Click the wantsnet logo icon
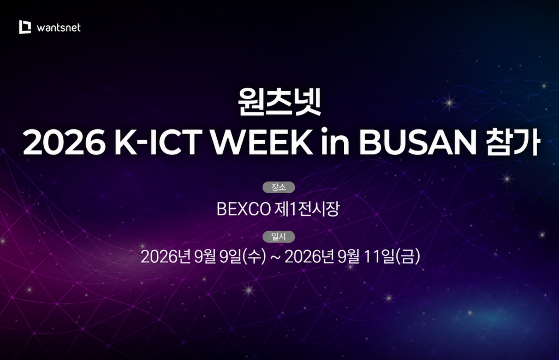coord(25,27)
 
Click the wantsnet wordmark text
coord(59,28)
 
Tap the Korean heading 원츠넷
coord(279,102)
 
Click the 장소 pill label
coord(279,187)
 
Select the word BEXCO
coord(243,209)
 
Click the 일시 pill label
coord(279,236)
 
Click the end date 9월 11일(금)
coord(379,256)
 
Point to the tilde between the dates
coord(275,257)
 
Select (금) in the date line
coord(408,256)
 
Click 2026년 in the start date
coord(166,256)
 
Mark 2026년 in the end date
coord(309,256)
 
